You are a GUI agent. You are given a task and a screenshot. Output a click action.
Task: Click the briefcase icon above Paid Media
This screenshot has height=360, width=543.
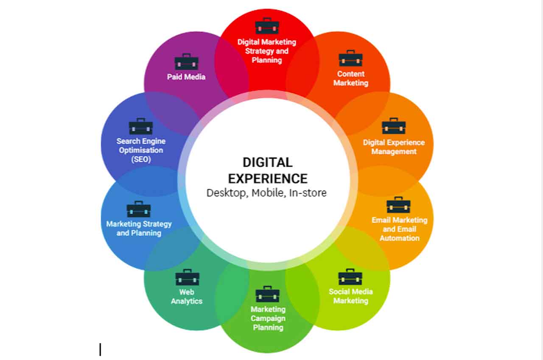[x=186, y=61]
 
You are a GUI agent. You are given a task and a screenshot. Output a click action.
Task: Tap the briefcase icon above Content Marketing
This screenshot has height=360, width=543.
[x=350, y=58]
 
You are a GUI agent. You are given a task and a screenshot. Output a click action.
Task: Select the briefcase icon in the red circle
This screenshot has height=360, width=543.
[x=267, y=26]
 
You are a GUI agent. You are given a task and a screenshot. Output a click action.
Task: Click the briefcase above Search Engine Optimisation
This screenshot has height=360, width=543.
[x=140, y=126]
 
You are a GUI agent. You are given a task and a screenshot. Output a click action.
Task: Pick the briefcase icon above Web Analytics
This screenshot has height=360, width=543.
[x=188, y=277]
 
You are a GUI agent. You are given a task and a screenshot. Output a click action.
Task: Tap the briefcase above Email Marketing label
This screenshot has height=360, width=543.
[x=398, y=205]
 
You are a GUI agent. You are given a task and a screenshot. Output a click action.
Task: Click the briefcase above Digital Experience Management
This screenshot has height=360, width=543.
[x=394, y=126]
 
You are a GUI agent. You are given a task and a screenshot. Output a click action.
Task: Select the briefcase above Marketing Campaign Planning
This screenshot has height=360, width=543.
[x=267, y=294]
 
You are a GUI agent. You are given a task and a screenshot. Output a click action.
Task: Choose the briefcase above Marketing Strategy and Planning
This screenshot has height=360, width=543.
[x=139, y=209]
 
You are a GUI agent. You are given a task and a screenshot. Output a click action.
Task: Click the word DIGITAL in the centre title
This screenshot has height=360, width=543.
[x=268, y=162]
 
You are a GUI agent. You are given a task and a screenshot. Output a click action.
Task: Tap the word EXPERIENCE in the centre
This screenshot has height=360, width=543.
[x=268, y=179]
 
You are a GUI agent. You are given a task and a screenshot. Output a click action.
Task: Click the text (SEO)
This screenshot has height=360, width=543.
[x=141, y=159]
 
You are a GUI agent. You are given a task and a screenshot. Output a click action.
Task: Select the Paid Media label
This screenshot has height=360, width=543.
[x=186, y=77]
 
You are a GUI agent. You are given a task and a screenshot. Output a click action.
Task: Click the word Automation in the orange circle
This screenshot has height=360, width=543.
[x=400, y=238]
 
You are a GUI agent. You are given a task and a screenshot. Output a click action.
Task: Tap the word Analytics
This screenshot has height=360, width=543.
[x=186, y=301]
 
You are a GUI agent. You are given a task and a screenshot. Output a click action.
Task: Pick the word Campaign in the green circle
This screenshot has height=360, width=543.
[x=268, y=318]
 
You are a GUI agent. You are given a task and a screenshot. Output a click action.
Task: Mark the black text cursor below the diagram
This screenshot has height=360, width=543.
[x=100, y=349]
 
